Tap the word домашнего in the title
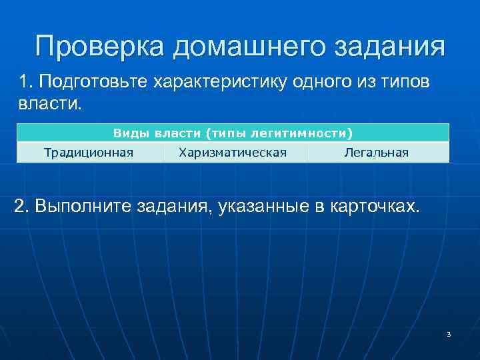(259, 47)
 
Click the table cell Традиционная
(89, 153)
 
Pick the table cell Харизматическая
(233, 153)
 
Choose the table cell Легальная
(376, 153)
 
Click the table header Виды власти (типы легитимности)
(233, 133)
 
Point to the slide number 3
(449, 334)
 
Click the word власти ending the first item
(46, 105)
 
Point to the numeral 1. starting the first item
(25, 82)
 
